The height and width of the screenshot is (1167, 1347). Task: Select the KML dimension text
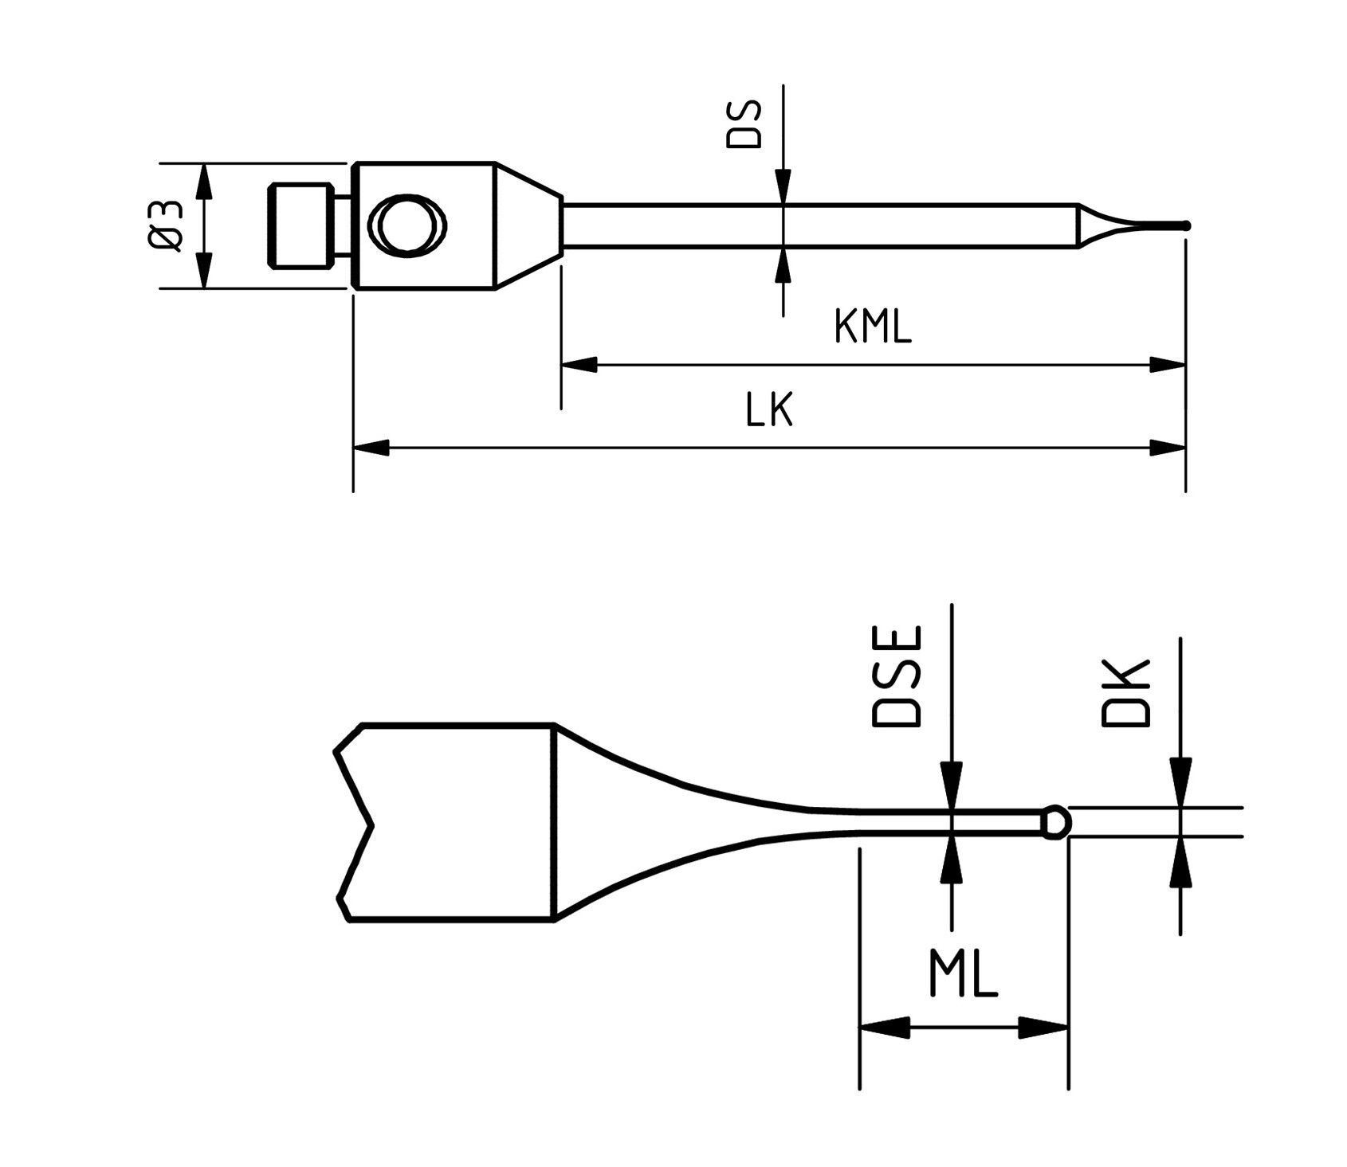pyautogui.click(x=872, y=327)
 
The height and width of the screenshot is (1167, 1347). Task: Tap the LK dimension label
pyautogui.click(x=769, y=411)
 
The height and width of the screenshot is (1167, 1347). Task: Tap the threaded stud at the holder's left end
pyautogui.click(x=300, y=226)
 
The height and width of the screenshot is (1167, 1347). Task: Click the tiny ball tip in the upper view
pyautogui.click(x=1186, y=225)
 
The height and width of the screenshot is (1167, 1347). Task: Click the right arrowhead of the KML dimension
pyautogui.click(x=1168, y=365)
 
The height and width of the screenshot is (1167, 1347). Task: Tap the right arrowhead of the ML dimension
pyautogui.click(x=1044, y=1028)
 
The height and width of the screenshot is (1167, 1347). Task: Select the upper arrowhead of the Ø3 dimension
pyautogui.click(x=205, y=182)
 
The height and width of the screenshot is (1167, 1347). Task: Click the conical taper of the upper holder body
pyautogui.click(x=528, y=226)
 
